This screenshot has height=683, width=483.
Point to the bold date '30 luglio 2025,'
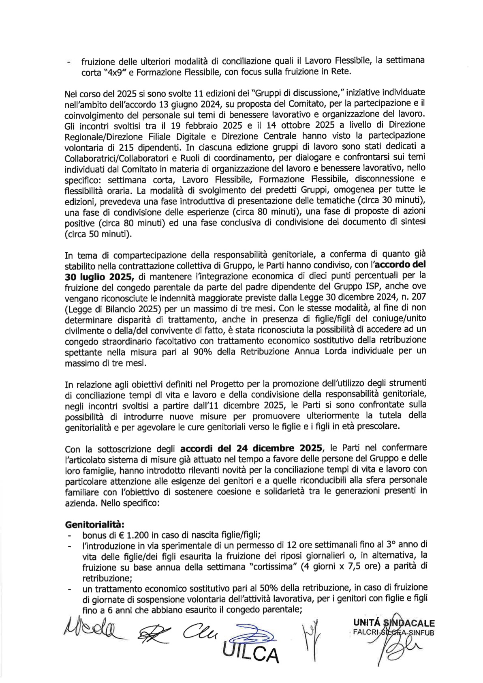coord(99,277)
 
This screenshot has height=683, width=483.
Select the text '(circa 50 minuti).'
coord(98,234)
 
